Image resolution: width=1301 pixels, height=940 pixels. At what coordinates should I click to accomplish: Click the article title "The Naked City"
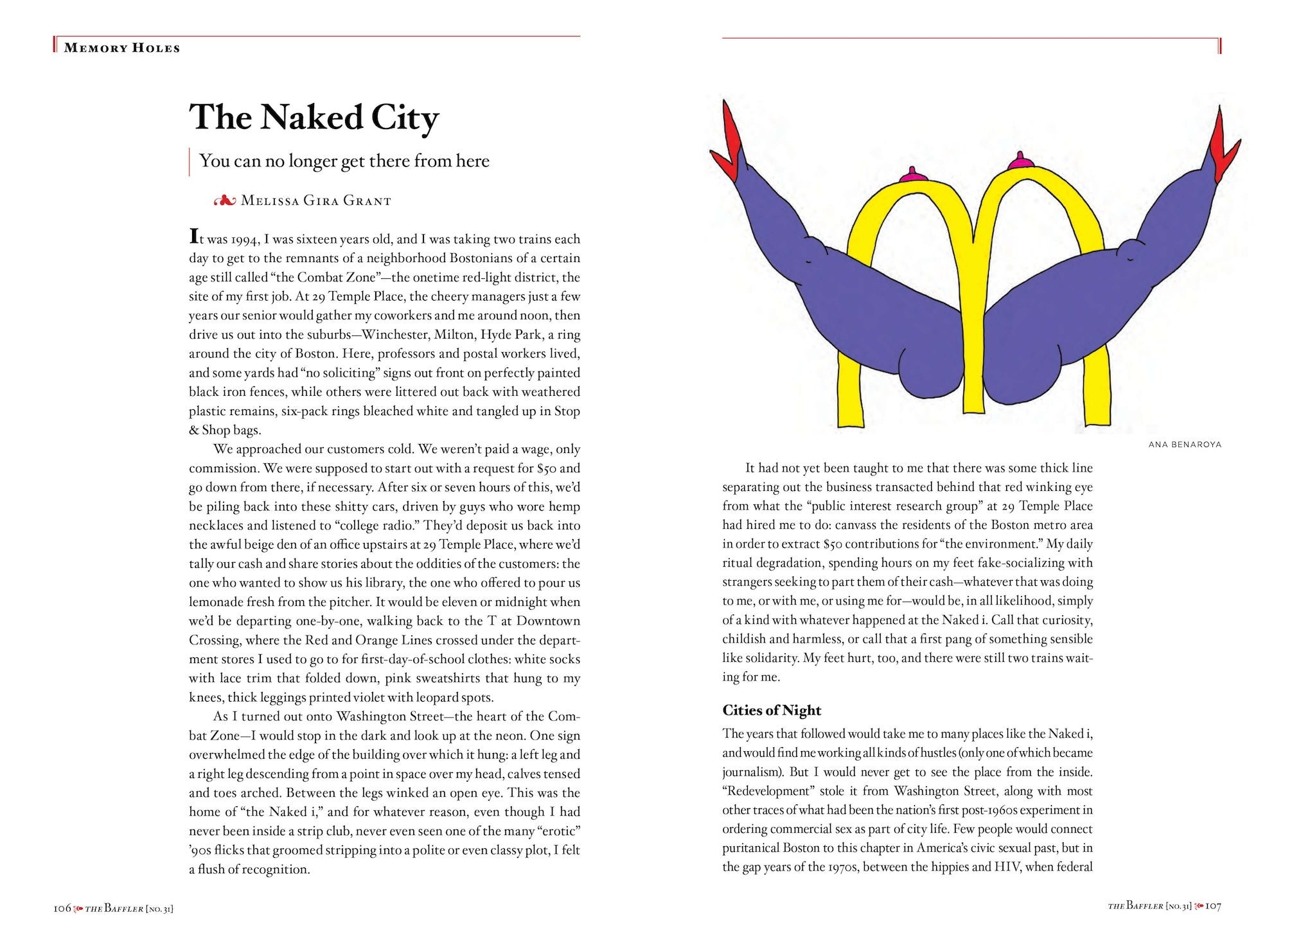tap(314, 118)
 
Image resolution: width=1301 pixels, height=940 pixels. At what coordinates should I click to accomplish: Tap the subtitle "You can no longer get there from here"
tap(344, 161)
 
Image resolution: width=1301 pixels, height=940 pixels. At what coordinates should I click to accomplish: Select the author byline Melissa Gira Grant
tap(315, 201)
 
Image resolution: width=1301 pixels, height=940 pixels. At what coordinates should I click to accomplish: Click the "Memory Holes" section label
tap(121, 48)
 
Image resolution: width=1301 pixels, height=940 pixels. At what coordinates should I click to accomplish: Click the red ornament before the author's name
tap(225, 201)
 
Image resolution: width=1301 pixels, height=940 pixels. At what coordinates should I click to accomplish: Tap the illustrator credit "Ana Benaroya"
tap(1185, 444)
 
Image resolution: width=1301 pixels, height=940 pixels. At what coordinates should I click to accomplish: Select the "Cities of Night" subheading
tap(772, 710)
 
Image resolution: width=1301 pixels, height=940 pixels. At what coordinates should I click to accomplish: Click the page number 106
tap(62, 907)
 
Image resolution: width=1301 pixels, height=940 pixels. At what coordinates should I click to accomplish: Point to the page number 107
tap(1212, 906)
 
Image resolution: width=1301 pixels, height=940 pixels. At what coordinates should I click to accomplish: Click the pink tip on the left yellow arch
tap(910, 173)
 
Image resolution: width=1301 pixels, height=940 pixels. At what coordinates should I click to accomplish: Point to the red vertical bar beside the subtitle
tap(190, 161)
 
